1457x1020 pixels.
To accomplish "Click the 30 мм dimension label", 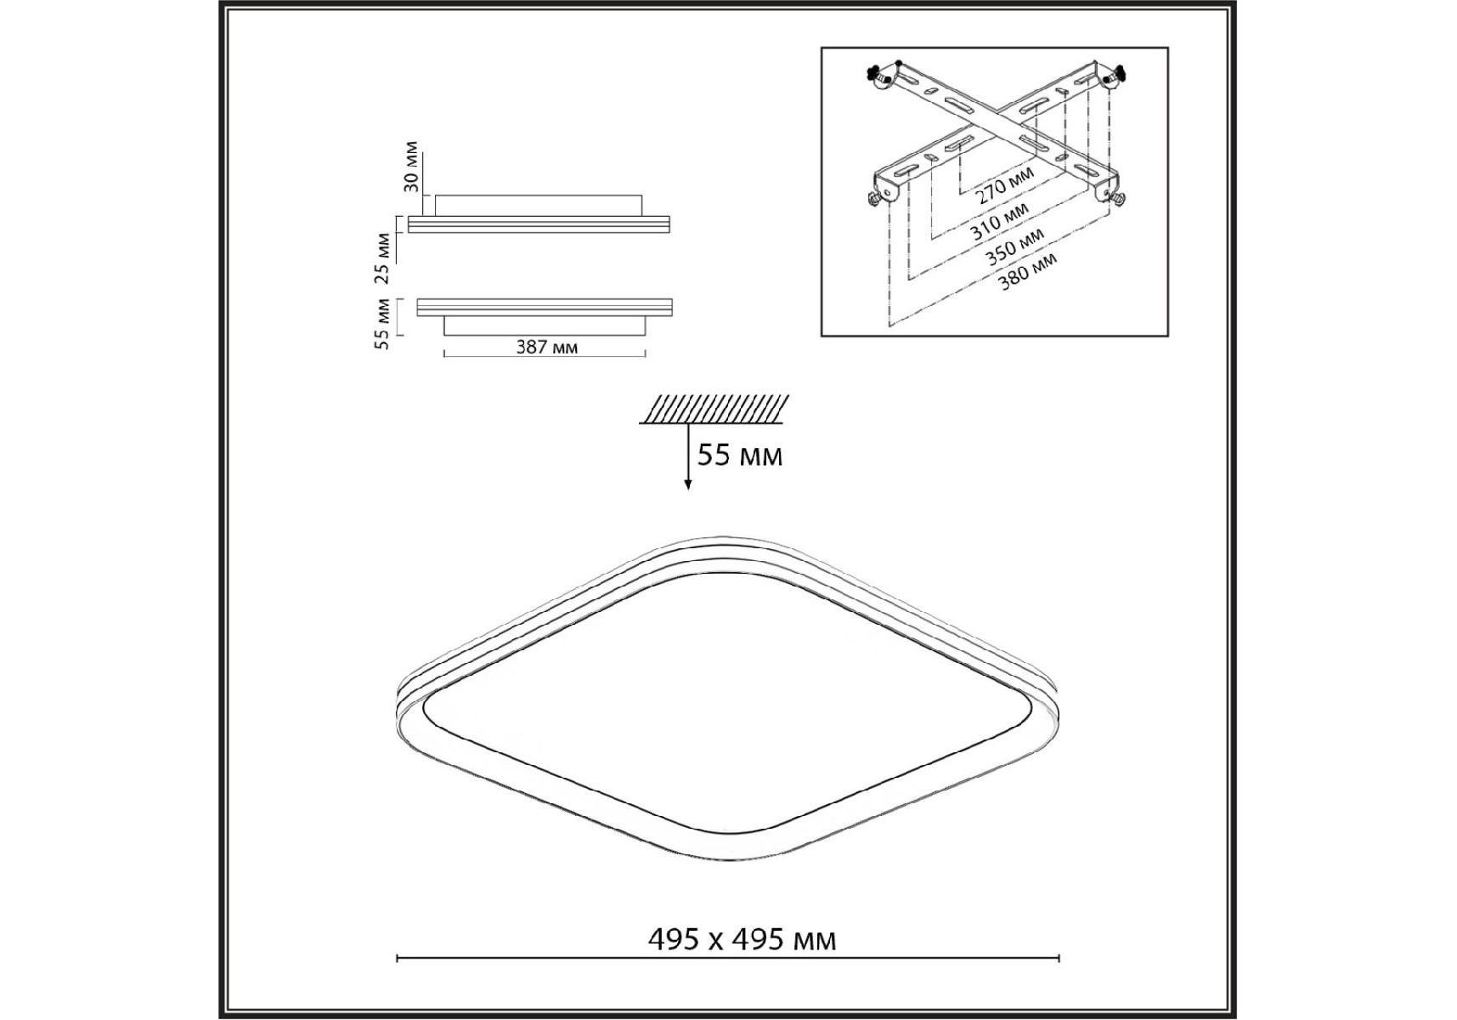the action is [411, 166].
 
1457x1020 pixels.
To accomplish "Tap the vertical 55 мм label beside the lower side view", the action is [383, 324].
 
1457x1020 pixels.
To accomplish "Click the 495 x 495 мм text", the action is [743, 939].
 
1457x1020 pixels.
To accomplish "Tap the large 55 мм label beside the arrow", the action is [740, 456].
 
